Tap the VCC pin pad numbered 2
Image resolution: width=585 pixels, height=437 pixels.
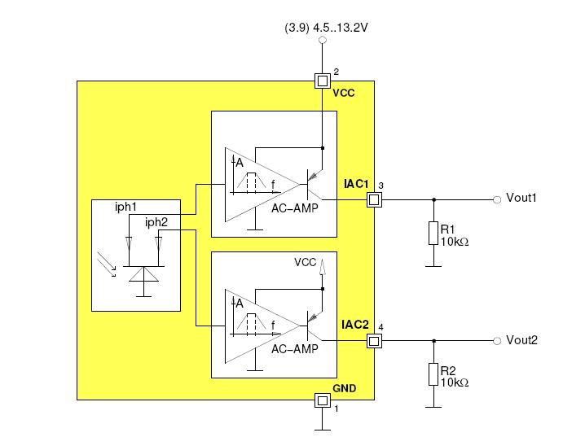[323, 81]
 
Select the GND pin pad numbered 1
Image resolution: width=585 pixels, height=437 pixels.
[323, 400]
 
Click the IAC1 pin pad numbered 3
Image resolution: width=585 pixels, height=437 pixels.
[374, 199]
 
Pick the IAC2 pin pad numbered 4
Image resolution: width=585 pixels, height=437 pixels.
[374, 341]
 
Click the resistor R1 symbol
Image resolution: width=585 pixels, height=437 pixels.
[433, 234]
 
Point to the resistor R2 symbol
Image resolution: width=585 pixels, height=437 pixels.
[433, 374]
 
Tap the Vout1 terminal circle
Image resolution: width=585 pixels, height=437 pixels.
[497, 199]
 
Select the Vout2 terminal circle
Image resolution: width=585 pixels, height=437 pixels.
[497, 341]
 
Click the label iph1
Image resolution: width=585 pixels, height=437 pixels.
[125, 208]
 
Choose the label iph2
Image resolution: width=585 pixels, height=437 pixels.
[156, 222]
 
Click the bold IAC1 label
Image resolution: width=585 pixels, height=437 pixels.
[356, 184]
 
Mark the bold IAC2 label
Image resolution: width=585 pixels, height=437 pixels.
[355, 325]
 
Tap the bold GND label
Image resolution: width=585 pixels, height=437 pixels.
[344, 388]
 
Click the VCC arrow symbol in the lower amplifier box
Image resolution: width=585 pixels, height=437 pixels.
[323, 267]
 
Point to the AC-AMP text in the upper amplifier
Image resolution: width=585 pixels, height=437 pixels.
[295, 208]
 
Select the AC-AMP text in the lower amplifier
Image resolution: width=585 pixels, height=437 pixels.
[295, 349]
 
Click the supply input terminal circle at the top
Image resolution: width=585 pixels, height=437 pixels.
[323, 40]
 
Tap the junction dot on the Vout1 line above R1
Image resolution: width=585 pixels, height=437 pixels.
[433, 199]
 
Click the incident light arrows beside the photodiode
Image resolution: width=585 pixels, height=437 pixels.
[107, 264]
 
